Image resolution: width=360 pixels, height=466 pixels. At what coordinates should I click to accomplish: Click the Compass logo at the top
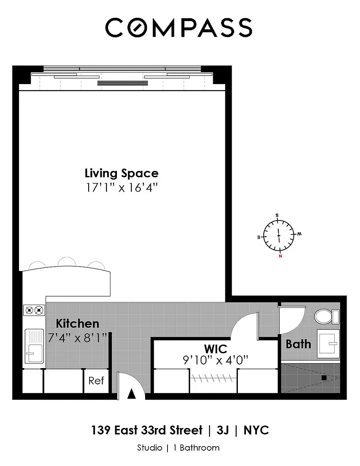[178, 28]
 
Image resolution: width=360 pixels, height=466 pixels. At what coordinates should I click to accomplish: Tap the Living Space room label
[122, 174]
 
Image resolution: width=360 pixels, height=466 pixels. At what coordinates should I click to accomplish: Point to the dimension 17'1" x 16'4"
[122, 188]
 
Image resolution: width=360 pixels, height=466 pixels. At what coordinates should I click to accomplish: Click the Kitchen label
[77, 323]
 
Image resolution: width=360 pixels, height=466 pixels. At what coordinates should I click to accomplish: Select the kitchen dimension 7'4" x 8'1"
[78, 338]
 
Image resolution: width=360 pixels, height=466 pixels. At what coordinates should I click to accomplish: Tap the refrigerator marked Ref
[96, 381]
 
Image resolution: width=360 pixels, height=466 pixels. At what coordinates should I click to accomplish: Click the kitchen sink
[34, 346]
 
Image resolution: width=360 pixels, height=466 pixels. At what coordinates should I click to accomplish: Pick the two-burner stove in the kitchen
[34, 311]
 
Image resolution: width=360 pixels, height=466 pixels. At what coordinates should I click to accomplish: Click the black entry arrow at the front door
[131, 394]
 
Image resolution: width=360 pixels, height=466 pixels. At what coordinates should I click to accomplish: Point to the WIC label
[216, 349]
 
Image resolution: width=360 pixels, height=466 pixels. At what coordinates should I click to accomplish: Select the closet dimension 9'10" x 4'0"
[216, 360]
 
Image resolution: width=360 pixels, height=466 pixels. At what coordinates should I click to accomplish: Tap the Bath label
[298, 344]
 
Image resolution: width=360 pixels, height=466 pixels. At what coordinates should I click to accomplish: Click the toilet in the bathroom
[327, 316]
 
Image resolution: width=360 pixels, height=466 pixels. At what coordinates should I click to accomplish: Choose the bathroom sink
[328, 343]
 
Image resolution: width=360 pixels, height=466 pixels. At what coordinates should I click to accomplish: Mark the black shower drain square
[324, 378]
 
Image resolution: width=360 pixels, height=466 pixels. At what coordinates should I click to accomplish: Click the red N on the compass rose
[280, 256]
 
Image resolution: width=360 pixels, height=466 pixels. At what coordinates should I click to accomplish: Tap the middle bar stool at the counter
[67, 262]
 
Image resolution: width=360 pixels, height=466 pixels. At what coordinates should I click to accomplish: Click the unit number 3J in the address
[223, 430]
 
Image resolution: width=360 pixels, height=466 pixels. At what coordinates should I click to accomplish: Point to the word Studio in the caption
[150, 447]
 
